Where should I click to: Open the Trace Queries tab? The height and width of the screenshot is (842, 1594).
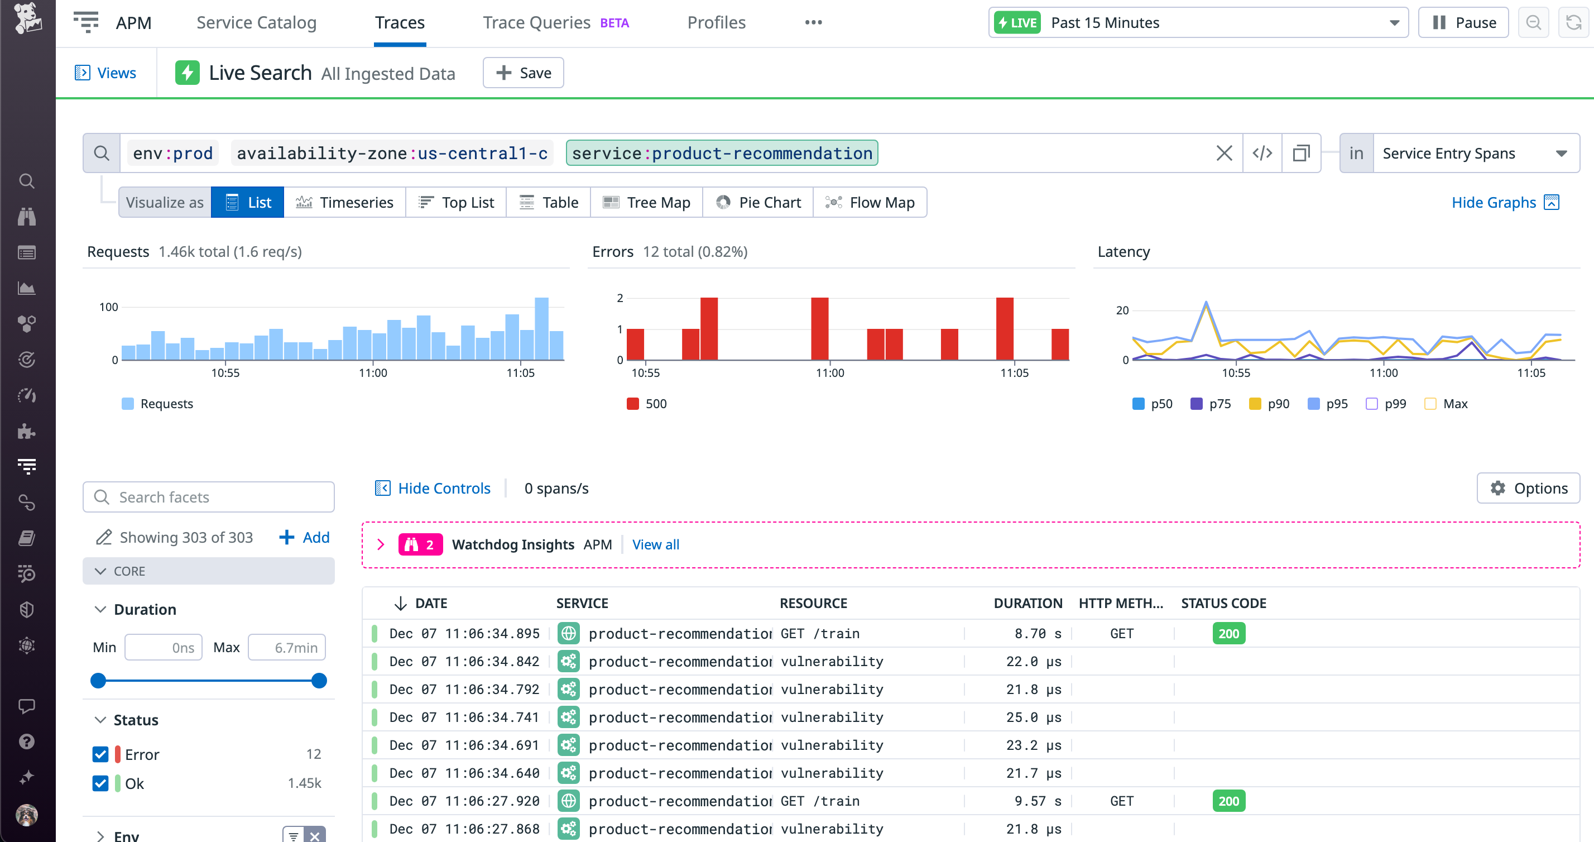(536, 23)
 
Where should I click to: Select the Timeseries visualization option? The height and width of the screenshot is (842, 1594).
(345, 203)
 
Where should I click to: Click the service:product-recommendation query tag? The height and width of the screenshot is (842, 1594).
(722, 153)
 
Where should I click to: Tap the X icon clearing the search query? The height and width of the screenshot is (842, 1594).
(1223, 153)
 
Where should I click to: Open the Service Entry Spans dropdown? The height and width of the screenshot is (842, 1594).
(1475, 153)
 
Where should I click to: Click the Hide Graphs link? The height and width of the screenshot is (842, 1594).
(1493, 203)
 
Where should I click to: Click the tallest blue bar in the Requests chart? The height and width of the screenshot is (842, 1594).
(541, 329)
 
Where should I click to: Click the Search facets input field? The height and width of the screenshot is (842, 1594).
(209, 497)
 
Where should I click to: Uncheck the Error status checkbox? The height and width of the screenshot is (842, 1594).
(100, 754)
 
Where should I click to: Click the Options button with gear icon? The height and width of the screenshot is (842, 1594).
(1528, 489)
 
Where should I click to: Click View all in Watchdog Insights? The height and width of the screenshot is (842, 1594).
(655, 545)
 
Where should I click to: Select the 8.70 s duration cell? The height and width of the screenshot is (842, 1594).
(1037, 633)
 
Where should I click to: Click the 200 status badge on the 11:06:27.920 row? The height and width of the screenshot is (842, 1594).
(1228, 801)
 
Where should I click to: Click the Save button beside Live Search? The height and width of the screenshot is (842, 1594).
(523, 73)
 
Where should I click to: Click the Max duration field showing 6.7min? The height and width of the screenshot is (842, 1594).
(287, 648)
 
